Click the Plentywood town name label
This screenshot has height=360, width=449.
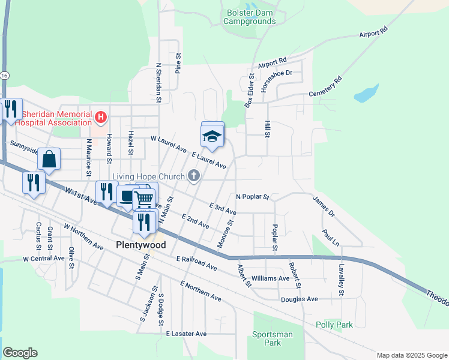click(x=140, y=245)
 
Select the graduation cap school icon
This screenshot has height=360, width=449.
click(x=212, y=136)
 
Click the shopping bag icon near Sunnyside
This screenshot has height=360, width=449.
click(x=49, y=160)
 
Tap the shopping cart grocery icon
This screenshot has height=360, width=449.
click(x=144, y=199)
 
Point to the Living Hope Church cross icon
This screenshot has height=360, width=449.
click(x=193, y=175)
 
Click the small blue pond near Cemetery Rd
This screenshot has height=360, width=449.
click(x=366, y=94)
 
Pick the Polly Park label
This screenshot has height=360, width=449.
click(x=334, y=325)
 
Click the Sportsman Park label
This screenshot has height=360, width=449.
click(x=273, y=338)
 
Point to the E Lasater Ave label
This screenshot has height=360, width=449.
click(x=186, y=334)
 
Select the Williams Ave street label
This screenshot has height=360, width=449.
click(x=271, y=278)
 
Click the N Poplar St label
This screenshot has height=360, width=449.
click(x=253, y=197)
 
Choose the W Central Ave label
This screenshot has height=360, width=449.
click(x=43, y=259)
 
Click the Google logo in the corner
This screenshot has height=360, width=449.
click(x=20, y=353)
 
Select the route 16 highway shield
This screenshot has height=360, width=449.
click(x=4, y=76)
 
